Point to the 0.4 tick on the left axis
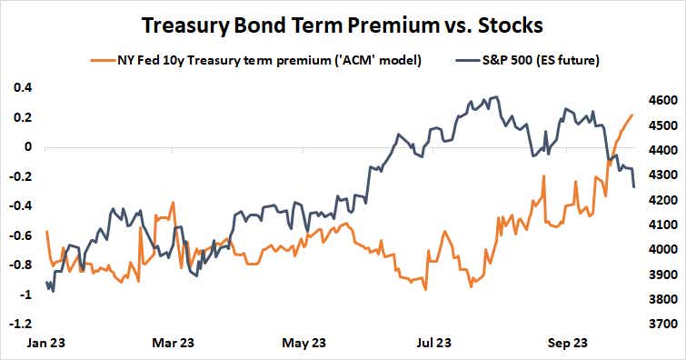point(22,87)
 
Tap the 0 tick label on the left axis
point(27,146)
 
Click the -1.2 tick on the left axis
point(20,324)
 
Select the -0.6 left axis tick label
point(20,235)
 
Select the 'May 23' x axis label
point(304,343)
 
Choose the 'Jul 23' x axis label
point(434,343)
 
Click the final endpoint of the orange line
point(632,115)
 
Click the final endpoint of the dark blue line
point(634,187)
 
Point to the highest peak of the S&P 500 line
point(494,96)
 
